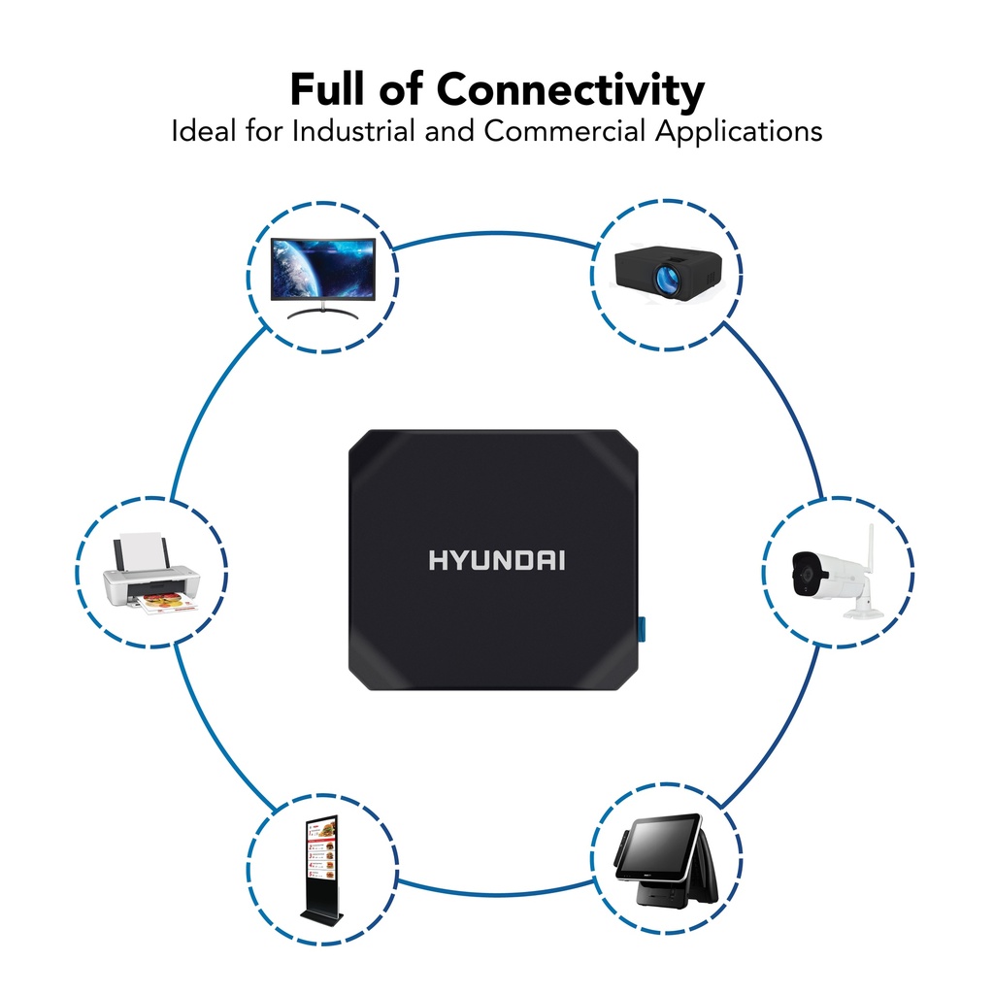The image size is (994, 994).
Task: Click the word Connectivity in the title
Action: [x=570, y=90]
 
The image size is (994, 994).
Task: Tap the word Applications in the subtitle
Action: [x=738, y=131]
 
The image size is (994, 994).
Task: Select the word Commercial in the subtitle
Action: [x=564, y=131]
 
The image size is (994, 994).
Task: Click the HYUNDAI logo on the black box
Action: [x=497, y=560]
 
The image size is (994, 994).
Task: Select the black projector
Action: [x=668, y=271]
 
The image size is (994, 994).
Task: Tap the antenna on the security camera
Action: [x=870, y=548]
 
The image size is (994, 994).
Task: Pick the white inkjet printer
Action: [x=150, y=580]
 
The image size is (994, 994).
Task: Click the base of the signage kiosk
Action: [x=319, y=916]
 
